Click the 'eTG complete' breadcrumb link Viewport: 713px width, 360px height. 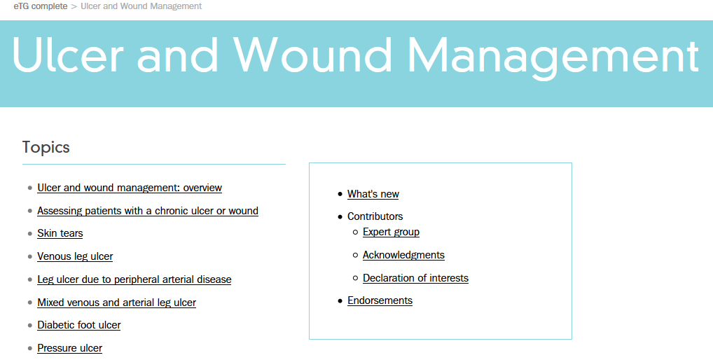click(41, 6)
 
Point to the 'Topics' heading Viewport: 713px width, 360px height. click(46, 147)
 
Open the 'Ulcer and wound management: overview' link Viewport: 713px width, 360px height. click(130, 188)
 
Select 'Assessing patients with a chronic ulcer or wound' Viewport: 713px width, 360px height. click(148, 211)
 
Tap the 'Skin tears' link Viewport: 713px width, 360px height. click(60, 233)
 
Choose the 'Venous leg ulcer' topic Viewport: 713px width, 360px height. click(75, 256)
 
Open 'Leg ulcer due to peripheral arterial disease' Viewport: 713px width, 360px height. click(134, 279)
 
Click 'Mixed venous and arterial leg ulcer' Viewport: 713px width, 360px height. click(117, 303)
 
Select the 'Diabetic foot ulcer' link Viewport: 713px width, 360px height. click(79, 325)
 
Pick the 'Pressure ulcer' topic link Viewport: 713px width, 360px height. click(70, 348)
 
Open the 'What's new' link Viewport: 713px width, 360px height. click(373, 194)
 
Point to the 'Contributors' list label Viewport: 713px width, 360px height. click(375, 216)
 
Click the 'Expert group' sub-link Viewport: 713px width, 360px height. click(391, 232)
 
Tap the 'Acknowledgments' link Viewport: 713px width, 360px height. click(403, 255)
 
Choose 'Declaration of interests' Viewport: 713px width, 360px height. click(415, 278)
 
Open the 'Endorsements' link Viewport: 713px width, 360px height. click(380, 300)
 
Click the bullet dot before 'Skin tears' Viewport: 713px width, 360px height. click(29, 234)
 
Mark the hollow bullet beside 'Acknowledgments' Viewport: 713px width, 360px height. click(355, 255)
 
